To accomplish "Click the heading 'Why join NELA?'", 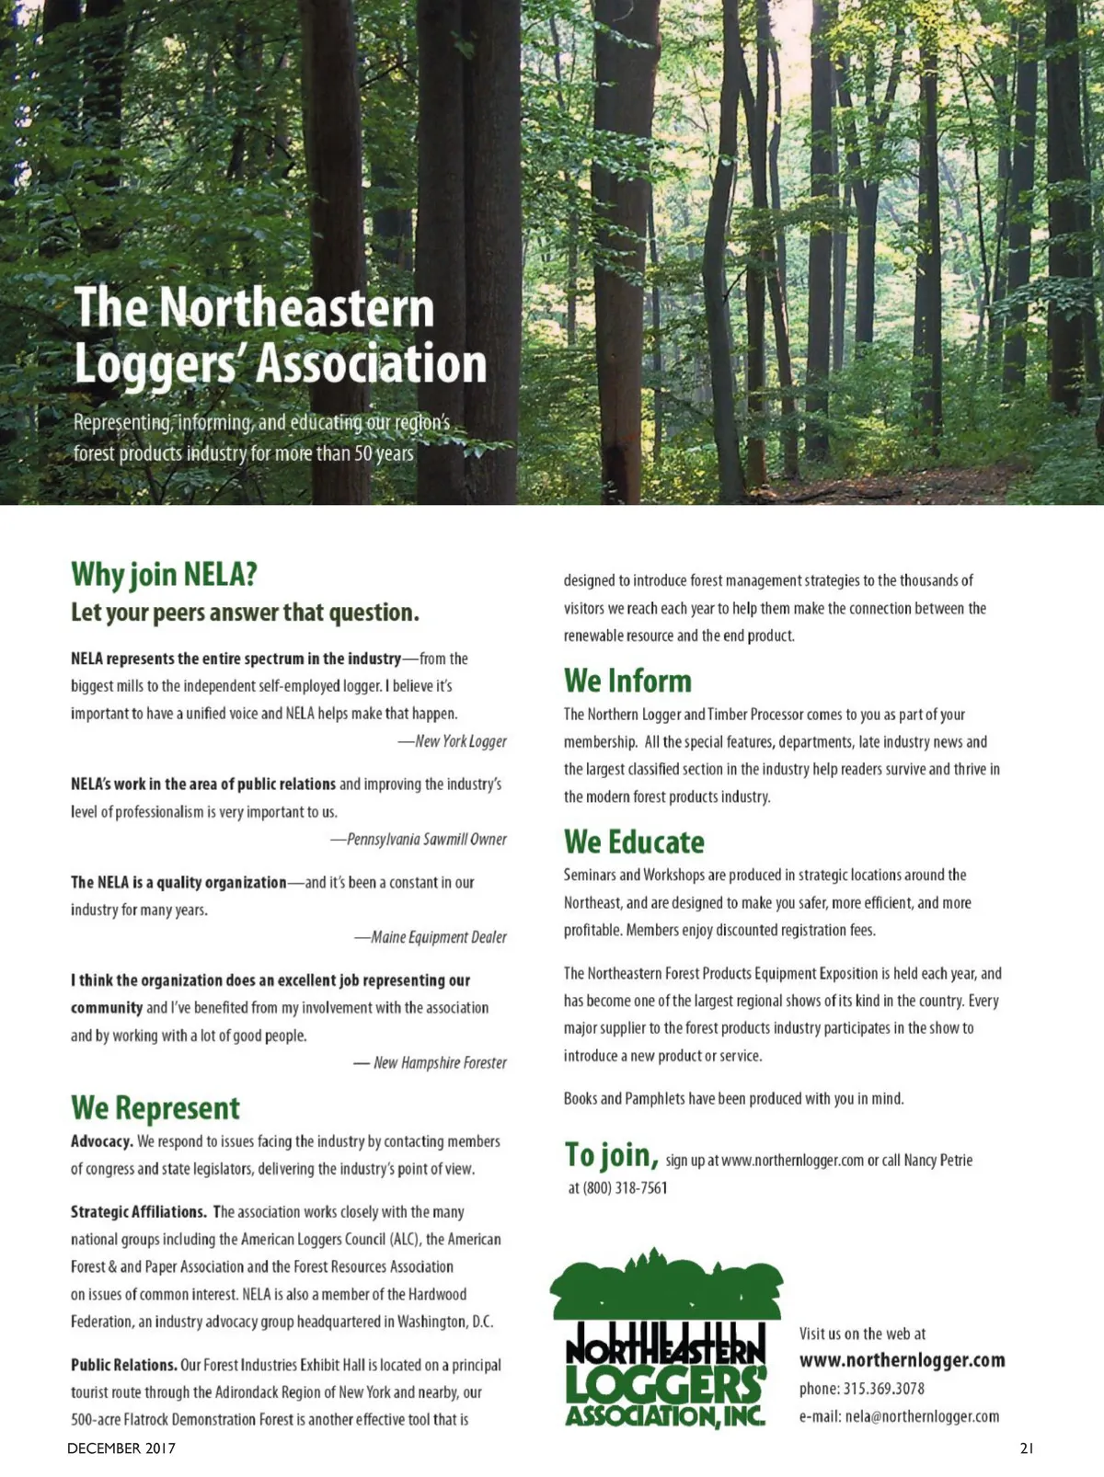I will (164, 574).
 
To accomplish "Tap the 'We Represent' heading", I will (155, 1108).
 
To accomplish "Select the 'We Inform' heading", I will (627, 681).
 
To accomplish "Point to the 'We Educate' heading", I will (634, 842).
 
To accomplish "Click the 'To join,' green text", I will (611, 1154).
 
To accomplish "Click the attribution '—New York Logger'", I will (452, 741).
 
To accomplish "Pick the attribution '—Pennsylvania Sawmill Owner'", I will (419, 839).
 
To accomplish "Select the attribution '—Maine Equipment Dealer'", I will (431, 937).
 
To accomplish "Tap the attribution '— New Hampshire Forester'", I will (431, 1062).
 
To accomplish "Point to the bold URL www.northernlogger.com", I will (902, 1360).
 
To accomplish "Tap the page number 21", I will (1027, 1448).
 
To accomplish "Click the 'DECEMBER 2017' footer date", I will (121, 1448).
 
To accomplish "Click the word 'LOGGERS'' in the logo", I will (665, 1384).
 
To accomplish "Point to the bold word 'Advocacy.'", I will (102, 1141).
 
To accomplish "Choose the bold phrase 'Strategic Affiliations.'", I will (139, 1212).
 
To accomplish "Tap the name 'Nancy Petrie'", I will (937, 1160).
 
